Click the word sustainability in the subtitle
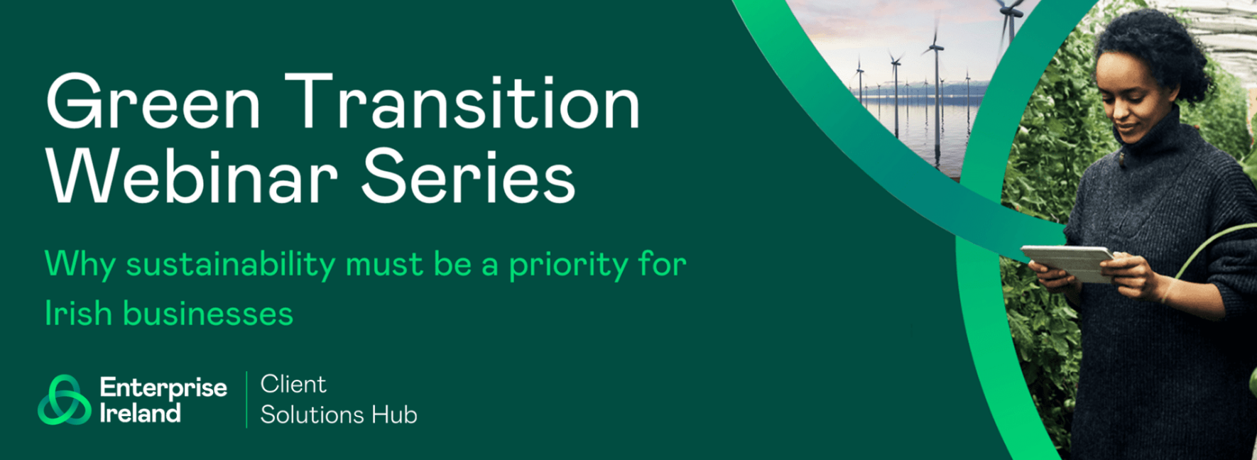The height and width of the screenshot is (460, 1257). click(231, 265)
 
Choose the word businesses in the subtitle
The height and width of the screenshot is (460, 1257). click(208, 313)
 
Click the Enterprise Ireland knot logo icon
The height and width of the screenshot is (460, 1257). click(65, 400)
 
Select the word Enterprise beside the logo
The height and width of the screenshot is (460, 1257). click(163, 388)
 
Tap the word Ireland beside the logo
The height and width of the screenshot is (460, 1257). click(140, 412)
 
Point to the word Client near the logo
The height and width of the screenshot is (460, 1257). click(293, 384)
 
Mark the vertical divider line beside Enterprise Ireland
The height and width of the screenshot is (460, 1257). click(246, 400)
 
